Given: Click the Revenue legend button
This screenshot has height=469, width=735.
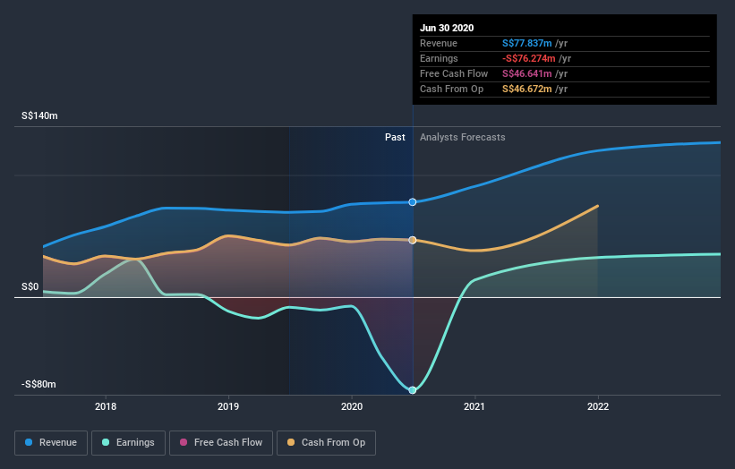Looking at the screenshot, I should (x=51, y=442).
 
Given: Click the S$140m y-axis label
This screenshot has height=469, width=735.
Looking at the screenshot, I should (x=41, y=116).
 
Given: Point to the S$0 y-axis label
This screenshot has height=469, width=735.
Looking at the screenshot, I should (x=30, y=286).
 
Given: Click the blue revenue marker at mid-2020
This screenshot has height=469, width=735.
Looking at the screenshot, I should (x=413, y=202).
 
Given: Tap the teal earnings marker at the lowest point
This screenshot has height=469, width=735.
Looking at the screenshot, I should (x=413, y=390).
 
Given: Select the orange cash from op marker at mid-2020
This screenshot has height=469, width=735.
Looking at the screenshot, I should (x=413, y=240).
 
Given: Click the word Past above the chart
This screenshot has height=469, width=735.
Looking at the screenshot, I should (x=395, y=137).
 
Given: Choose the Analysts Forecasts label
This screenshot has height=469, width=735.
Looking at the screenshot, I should (x=463, y=137).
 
